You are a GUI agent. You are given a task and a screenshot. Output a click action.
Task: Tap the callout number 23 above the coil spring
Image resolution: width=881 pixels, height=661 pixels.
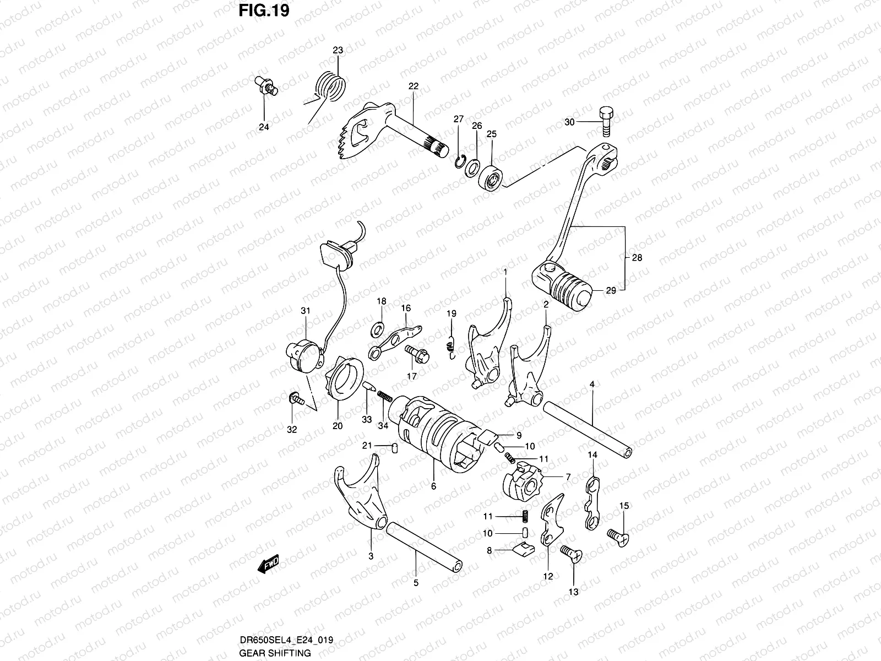pos(338,50)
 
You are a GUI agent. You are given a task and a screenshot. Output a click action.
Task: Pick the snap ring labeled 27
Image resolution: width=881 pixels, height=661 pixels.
pos(459,162)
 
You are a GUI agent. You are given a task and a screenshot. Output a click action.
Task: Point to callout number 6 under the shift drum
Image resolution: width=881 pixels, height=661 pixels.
pos(433,486)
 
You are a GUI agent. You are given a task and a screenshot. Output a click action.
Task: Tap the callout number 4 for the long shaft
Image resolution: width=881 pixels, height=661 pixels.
pos(592,384)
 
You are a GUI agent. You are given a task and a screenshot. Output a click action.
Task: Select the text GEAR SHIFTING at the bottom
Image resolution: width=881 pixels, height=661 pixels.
pos(275,653)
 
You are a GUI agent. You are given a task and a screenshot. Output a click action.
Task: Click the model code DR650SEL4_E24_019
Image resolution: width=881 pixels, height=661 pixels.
pos(286,641)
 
